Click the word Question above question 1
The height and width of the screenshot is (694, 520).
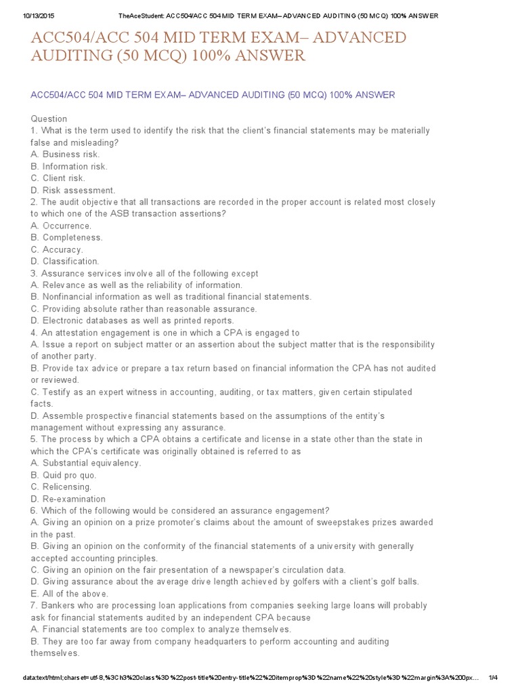(49, 119)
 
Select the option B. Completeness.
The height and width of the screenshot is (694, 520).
(66, 237)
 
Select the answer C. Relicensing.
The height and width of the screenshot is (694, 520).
(61, 487)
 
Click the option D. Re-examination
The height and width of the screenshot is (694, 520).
(68, 499)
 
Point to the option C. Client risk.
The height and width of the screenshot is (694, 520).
(58, 178)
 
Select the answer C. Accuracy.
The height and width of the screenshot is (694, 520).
(57, 249)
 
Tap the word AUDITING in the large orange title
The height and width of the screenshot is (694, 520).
(68, 55)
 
